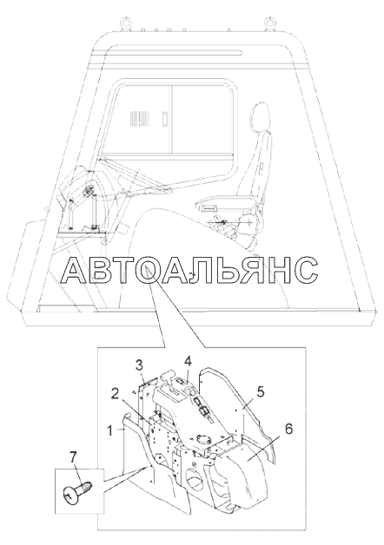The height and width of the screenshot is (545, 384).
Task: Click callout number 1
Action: click(110, 431)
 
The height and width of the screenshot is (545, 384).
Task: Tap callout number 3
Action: click(139, 365)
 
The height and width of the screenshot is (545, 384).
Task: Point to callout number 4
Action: click(188, 362)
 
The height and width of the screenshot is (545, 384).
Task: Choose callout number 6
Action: click(288, 429)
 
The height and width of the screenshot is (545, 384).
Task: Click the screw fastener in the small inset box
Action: click(78, 489)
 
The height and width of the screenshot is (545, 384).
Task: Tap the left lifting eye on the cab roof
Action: click(124, 23)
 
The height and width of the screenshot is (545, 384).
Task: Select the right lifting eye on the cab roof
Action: click(268, 23)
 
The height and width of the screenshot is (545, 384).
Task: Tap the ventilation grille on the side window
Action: click(134, 119)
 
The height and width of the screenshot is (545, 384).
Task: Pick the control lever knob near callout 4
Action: click(167, 376)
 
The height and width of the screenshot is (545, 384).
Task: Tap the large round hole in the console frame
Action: click(195, 479)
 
